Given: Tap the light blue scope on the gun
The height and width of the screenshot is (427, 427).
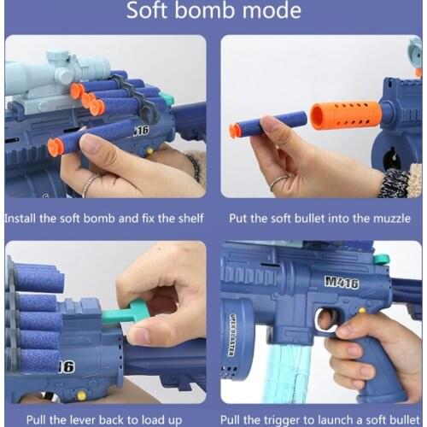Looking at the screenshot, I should tap(56, 73).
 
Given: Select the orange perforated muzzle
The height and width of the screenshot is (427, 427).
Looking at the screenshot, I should tap(340, 114).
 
